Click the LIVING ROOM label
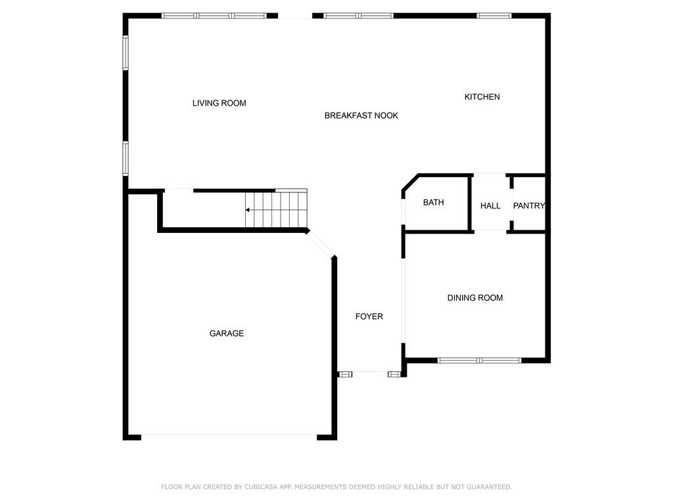pyautogui.click(x=219, y=103)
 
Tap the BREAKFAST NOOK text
pyautogui.click(x=361, y=115)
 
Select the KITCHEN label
pyautogui.click(x=482, y=97)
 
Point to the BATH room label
pyautogui.click(x=434, y=202)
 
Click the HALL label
pyautogui.click(x=490, y=205)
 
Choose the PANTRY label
pyautogui.click(x=529, y=205)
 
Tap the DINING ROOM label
pyautogui.click(x=475, y=298)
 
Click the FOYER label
pyautogui.click(x=369, y=316)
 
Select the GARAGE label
pyautogui.click(x=227, y=333)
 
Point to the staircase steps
pyautogui.click(x=276, y=210)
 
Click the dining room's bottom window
pyautogui.click(x=479, y=360)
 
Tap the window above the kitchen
pyautogui.click(x=494, y=16)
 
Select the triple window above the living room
pyautogui.click(x=214, y=16)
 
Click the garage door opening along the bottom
pyautogui.click(x=229, y=436)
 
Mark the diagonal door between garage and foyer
pyautogui.click(x=321, y=245)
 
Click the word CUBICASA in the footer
pyautogui.click(x=262, y=487)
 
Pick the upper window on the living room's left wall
pyautogui.click(x=126, y=52)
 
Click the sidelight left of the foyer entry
pyautogui.click(x=345, y=375)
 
